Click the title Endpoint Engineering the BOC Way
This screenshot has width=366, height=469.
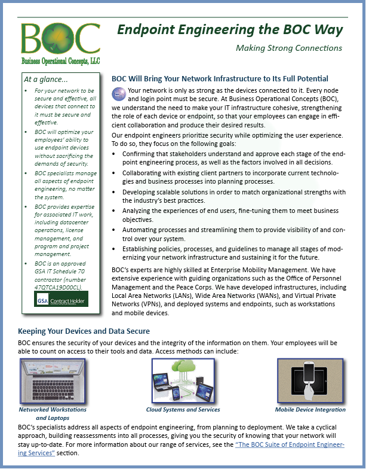tap(229, 29)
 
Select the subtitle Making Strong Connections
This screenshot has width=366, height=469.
tap(289, 48)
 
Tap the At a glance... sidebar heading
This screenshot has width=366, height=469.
tap(46, 78)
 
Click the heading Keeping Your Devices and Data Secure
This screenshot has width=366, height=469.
tap(84, 331)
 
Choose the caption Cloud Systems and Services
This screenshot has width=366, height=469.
tap(183, 410)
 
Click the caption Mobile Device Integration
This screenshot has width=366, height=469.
tap(310, 410)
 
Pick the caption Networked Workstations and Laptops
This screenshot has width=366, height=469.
tap(53, 413)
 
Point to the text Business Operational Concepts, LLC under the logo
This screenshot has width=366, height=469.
tap(60, 61)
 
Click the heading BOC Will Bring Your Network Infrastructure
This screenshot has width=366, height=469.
tap(220, 78)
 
